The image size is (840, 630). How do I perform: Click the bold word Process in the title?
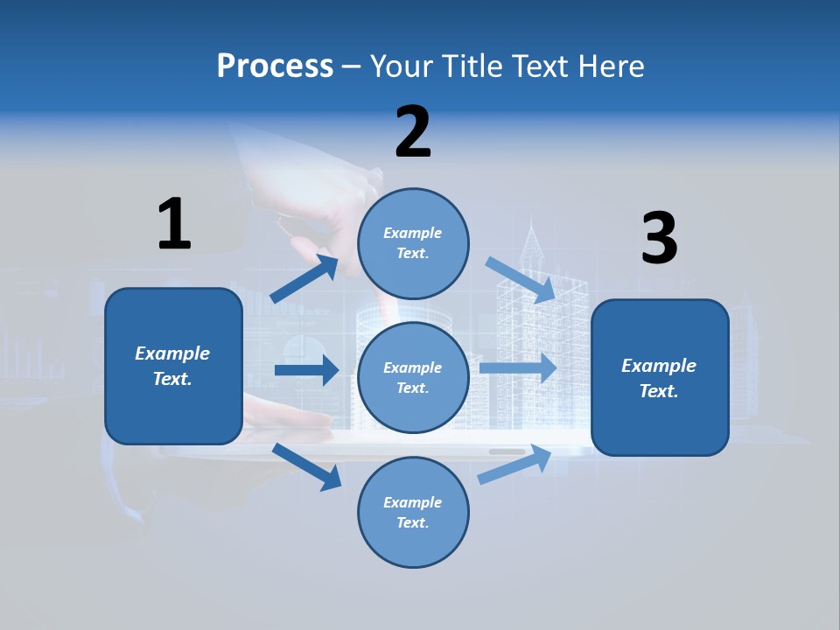[275, 66]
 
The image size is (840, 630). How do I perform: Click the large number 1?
[174, 224]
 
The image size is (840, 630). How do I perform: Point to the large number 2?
[413, 132]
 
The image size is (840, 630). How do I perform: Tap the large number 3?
[659, 239]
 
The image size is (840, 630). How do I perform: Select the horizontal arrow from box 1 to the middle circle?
[306, 370]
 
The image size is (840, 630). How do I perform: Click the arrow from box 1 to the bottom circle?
[307, 465]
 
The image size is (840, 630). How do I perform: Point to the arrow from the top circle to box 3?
[520, 280]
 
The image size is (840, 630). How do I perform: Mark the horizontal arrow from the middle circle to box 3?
[517, 367]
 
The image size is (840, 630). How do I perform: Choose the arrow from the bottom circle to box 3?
[514, 465]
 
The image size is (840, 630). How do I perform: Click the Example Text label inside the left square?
[172, 366]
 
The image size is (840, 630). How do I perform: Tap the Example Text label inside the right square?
[659, 378]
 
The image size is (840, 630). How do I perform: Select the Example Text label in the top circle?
[413, 242]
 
